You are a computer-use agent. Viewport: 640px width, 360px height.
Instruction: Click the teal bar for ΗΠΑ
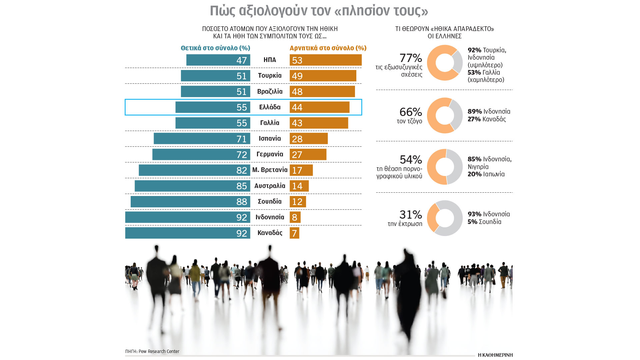[218, 60]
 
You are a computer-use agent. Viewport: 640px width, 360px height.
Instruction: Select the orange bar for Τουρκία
[323, 76]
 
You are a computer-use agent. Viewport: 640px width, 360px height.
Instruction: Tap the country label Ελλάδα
[270, 107]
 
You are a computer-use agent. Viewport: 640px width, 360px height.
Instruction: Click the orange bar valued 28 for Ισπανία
[309, 139]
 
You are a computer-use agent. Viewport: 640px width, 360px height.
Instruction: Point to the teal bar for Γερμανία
[201, 154]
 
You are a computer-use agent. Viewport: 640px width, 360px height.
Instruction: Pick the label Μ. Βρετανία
[270, 170]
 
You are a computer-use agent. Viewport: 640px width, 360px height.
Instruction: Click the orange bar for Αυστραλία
[299, 186]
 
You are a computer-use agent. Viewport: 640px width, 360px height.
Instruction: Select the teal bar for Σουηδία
[190, 202]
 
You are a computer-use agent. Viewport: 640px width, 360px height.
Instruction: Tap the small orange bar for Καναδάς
[294, 233]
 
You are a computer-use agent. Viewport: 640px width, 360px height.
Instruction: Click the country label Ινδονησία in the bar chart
[270, 217]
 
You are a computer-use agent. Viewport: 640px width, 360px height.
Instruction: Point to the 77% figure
[411, 58]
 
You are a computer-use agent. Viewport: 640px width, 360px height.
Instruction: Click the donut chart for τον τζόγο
[445, 115]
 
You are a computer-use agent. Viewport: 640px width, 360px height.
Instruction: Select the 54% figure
[411, 160]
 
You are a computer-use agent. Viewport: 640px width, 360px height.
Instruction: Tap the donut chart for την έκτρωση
[445, 218]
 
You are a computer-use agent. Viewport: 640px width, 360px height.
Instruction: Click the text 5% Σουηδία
[484, 222]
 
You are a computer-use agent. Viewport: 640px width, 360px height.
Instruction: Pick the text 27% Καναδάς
[487, 119]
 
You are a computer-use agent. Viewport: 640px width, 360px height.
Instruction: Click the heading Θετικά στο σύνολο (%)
[215, 48]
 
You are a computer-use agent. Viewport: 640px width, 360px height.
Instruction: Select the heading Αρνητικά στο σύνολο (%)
[328, 48]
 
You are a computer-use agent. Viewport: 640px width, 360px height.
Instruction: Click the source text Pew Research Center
[159, 351]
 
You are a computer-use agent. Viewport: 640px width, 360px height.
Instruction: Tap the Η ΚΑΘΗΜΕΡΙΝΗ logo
[495, 355]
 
